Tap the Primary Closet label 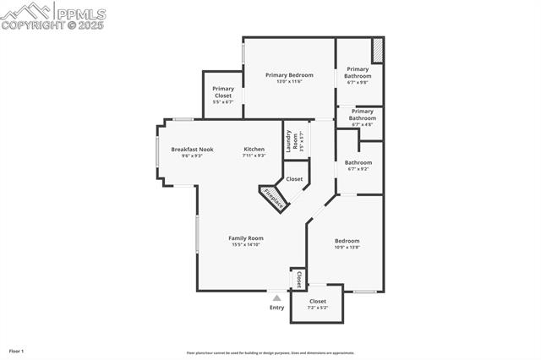(223, 92)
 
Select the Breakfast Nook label (192, 150)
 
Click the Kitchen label (254, 150)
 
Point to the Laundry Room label (291, 141)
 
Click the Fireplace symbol (274, 199)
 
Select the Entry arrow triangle (276, 297)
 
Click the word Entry (276, 308)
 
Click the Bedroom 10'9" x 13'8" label (347, 241)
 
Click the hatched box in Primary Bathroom (378, 50)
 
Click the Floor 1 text (17, 351)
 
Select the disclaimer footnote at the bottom (270, 353)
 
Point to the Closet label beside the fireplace (294, 179)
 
